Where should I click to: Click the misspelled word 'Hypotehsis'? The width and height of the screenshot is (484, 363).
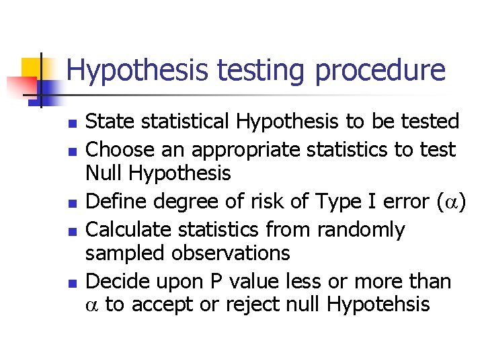click(378, 305)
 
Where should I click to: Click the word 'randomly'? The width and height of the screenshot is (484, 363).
click(361, 229)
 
